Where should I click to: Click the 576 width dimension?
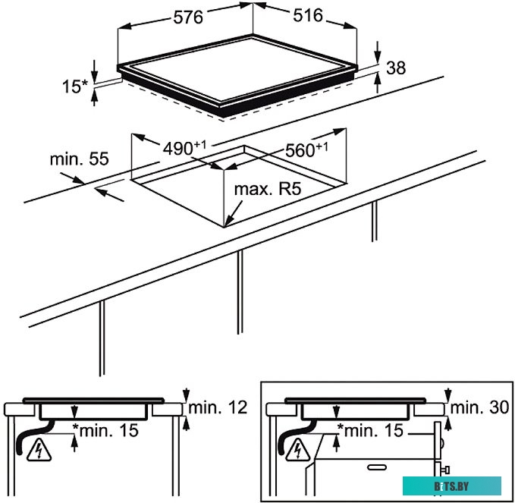[x=188, y=17]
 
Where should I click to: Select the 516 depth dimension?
[x=308, y=15]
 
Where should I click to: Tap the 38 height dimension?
[x=396, y=68]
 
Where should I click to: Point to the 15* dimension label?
[x=75, y=86]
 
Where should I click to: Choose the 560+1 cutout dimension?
[x=306, y=149]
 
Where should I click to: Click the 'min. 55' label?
[x=79, y=159]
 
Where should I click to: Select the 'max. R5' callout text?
[x=268, y=189]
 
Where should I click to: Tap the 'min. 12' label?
[x=218, y=407]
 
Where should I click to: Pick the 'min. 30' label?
[x=479, y=407]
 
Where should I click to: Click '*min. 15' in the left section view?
[x=105, y=430]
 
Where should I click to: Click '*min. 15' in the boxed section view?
[x=370, y=430]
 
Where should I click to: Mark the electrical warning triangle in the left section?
[x=39, y=451]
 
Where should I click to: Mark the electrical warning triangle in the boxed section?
[x=298, y=449]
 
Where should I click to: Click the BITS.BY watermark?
[x=451, y=486]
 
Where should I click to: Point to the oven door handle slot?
[x=376, y=467]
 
